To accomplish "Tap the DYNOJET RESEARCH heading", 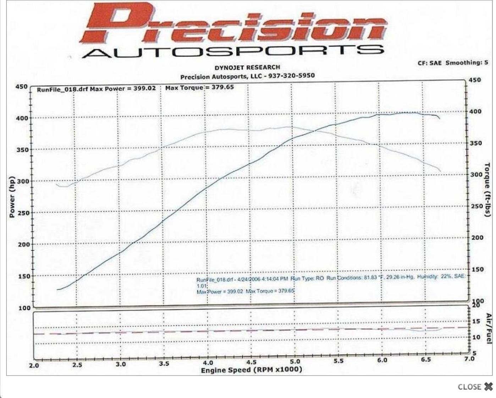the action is (x=247, y=68).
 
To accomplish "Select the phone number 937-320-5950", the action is (x=292, y=75).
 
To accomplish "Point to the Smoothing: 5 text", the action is (x=467, y=63).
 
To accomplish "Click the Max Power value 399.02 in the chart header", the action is (x=144, y=88).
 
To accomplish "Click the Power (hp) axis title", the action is (x=12, y=197).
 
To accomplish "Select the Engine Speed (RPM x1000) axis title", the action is (x=252, y=370).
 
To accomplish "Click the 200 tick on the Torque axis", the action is (x=477, y=237).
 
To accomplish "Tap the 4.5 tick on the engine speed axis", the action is (x=251, y=362).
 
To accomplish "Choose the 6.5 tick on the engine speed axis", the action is (x=425, y=360).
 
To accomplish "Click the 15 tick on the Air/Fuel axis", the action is (x=476, y=321).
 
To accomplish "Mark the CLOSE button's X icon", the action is (x=488, y=387).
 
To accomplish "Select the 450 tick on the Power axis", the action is (x=21, y=87).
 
